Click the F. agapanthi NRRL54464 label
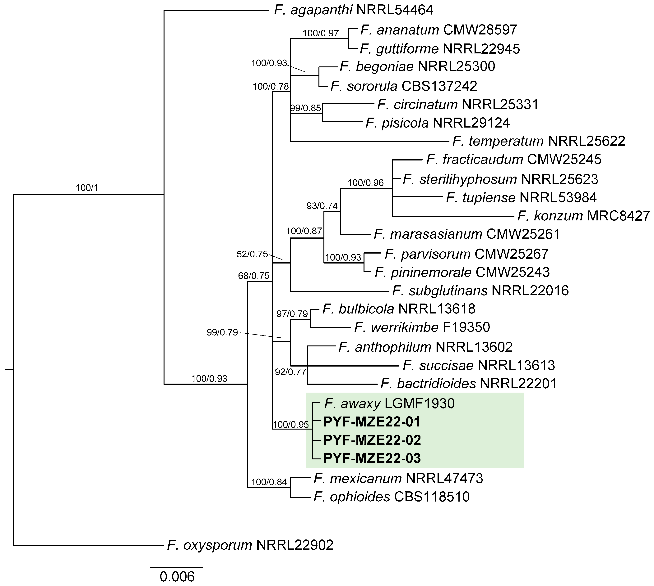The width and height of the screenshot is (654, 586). [x=353, y=10]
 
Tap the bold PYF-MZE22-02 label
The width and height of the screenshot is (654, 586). [x=372, y=440]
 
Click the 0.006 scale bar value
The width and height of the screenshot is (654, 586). [x=177, y=577]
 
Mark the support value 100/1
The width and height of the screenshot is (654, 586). [x=87, y=188]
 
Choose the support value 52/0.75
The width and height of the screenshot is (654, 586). [x=252, y=254]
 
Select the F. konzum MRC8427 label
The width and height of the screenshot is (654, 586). [x=583, y=216]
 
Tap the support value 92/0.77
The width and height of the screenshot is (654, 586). [x=290, y=372]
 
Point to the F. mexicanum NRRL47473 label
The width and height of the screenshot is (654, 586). [x=398, y=478]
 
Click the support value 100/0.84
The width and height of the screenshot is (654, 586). [x=269, y=482]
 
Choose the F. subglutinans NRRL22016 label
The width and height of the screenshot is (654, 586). [x=480, y=291]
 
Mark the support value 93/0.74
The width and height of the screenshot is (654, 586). [x=322, y=206]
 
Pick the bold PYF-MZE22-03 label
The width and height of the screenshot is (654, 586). [x=372, y=458]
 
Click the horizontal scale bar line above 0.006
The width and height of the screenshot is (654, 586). [x=176, y=567]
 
